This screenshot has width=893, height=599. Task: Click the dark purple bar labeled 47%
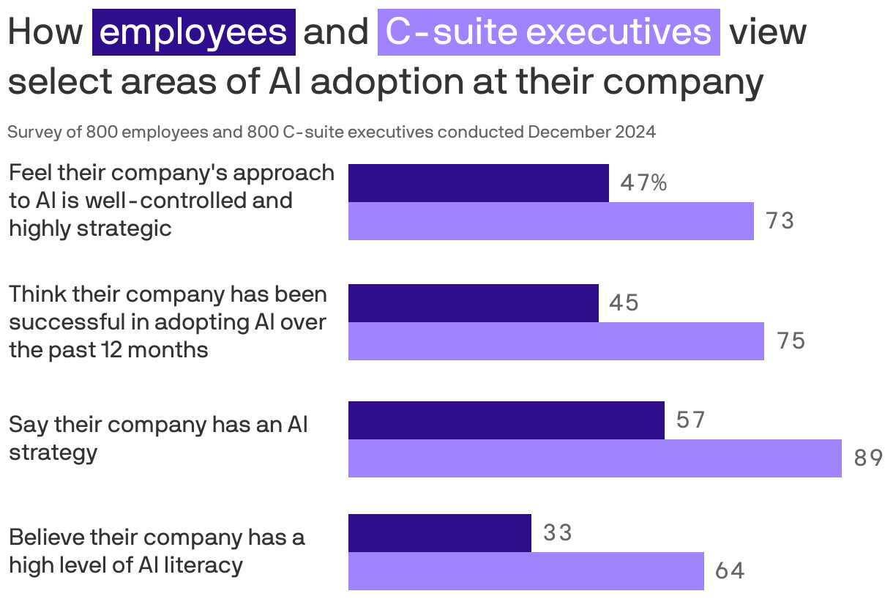coord(478,183)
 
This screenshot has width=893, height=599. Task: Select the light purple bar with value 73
coord(550,221)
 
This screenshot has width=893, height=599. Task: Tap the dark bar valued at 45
coord(473,303)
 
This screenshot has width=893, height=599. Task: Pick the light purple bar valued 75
coord(556,341)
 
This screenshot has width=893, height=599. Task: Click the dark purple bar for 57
coord(506,420)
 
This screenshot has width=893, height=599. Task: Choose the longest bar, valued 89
coord(594,458)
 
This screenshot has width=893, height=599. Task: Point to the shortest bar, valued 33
coord(439,533)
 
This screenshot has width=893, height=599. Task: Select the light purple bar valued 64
coord(526,571)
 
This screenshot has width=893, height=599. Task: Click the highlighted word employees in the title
coord(193,32)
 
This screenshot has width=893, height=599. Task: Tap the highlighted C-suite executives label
coord(548,32)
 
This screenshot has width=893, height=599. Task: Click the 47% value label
coord(643,183)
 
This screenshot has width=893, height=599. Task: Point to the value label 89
coord(868,458)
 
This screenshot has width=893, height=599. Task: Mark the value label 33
coord(558,533)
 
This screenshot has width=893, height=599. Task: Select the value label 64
coord(730,571)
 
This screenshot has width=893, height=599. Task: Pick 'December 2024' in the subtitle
coord(591,133)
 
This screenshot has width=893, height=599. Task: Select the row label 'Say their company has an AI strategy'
coord(157,438)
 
